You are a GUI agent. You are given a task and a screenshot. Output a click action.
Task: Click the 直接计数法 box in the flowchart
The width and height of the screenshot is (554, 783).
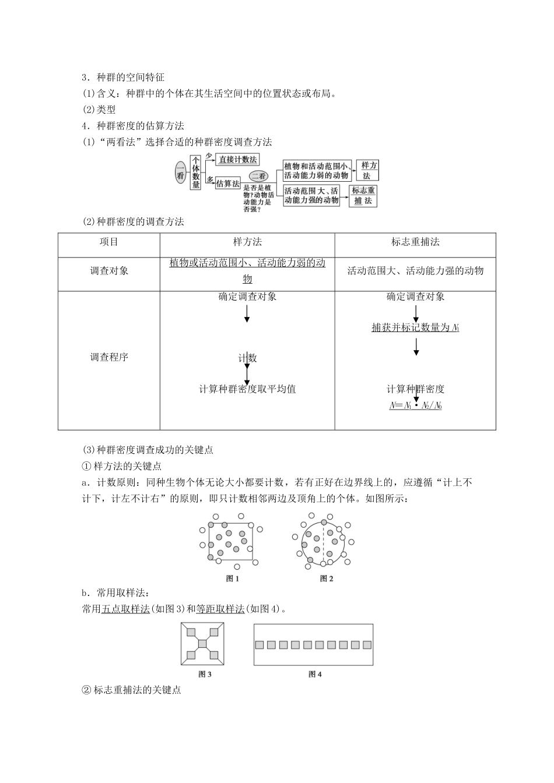coord(237,159)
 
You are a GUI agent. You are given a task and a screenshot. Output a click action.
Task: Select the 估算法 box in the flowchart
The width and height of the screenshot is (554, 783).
coord(228,183)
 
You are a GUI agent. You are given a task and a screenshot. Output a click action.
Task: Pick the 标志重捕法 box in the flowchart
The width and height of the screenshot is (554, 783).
coord(363,196)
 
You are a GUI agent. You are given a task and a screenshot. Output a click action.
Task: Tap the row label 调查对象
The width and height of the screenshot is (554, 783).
coord(109,271)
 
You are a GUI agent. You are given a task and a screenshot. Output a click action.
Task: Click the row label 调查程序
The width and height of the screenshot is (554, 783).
coord(109,357)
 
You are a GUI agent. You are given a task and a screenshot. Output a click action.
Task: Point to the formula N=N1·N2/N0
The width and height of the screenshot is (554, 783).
coord(415,405)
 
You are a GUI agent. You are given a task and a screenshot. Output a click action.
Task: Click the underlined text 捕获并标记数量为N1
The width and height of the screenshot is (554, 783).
coord(415,327)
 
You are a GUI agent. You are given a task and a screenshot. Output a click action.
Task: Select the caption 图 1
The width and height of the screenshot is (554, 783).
coord(232,579)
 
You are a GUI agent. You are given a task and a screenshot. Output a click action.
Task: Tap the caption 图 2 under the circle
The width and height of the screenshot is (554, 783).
coord(327,579)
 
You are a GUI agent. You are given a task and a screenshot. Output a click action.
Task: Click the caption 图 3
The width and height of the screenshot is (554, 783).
coord(204,674)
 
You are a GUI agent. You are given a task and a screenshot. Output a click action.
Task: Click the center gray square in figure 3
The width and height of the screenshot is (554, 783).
coord(202,643)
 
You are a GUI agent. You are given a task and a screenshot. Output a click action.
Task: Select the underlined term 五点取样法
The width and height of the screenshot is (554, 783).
coord(126,609)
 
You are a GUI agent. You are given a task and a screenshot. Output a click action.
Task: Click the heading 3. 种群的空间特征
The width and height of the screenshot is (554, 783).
coord(124,77)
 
